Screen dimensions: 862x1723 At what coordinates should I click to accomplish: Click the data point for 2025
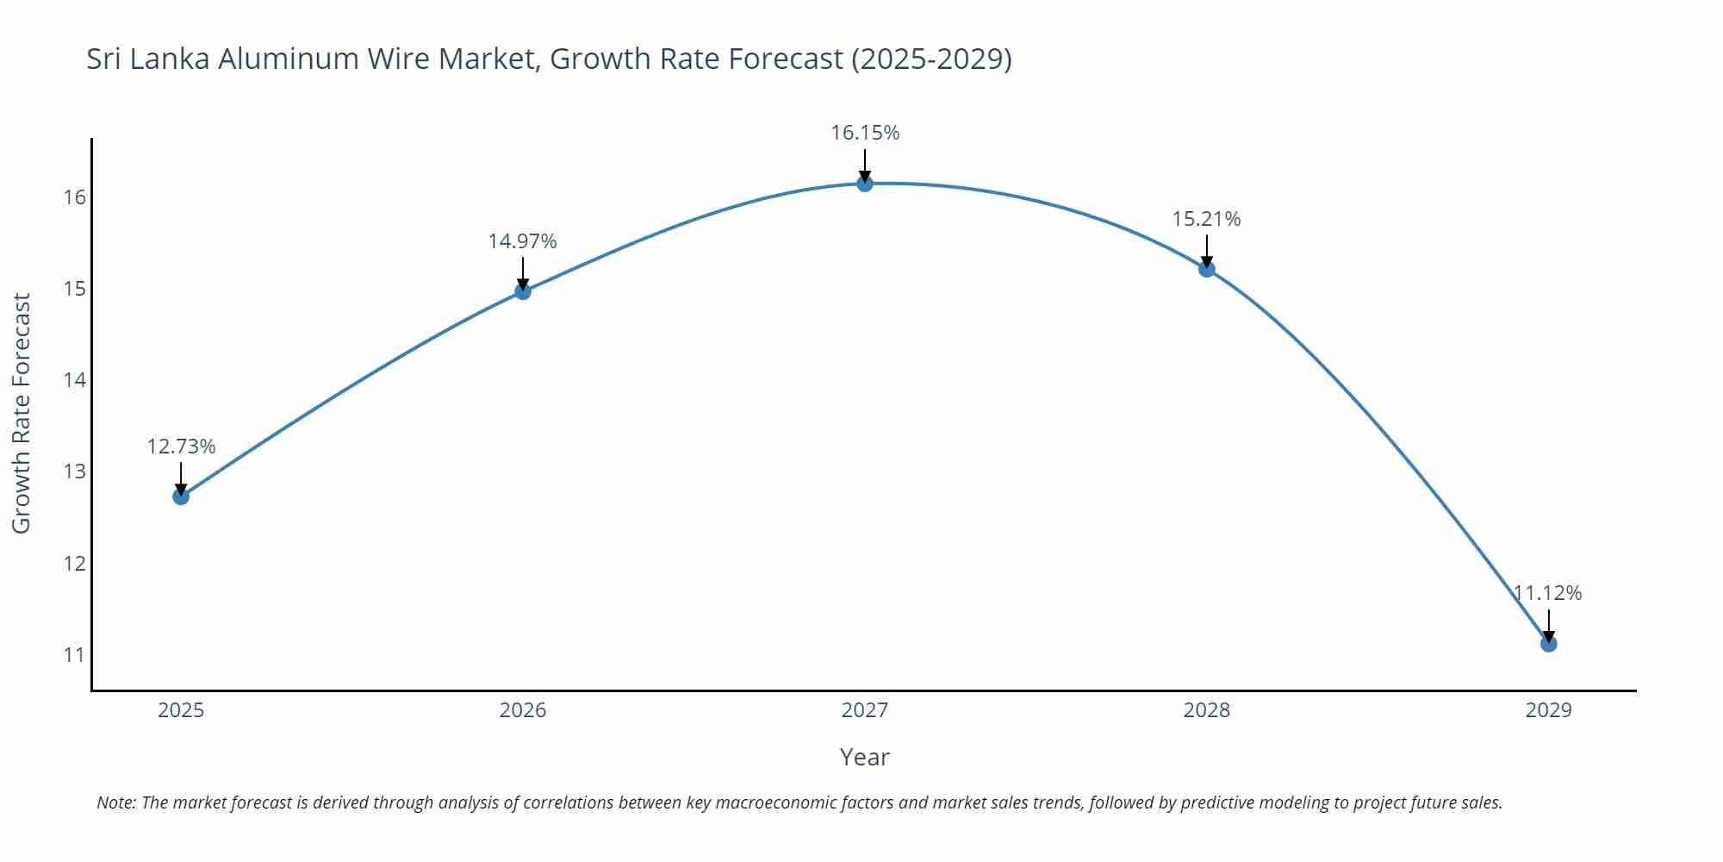(x=181, y=497)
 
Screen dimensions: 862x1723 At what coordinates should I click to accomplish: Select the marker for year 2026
(x=523, y=291)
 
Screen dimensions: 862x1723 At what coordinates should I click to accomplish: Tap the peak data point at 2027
(x=865, y=184)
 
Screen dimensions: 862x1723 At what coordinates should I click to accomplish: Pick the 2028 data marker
(x=1207, y=269)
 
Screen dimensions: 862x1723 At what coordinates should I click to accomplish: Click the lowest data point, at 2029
(x=1548, y=644)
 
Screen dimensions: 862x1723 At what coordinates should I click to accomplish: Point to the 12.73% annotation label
(x=181, y=447)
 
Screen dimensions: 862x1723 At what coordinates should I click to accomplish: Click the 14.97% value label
(x=523, y=241)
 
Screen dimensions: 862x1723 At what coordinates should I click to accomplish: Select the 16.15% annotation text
(x=865, y=133)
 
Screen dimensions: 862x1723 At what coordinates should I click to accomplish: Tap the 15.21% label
(x=1206, y=219)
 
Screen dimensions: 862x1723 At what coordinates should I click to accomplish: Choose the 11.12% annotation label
(x=1548, y=593)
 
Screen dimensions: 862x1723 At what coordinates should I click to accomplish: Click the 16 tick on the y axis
(x=75, y=197)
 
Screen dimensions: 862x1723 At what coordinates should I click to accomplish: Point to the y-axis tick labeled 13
(x=75, y=472)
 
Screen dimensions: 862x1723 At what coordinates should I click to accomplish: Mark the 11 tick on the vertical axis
(x=75, y=655)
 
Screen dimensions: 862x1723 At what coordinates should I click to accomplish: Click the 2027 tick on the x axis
(x=865, y=710)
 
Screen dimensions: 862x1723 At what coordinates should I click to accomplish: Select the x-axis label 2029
(x=1548, y=710)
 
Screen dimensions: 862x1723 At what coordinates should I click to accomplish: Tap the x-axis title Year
(x=864, y=758)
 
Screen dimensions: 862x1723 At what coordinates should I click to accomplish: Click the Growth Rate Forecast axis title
(x=22, y=413)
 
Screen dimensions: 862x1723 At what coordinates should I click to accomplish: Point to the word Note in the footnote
(x=115, y=803)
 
